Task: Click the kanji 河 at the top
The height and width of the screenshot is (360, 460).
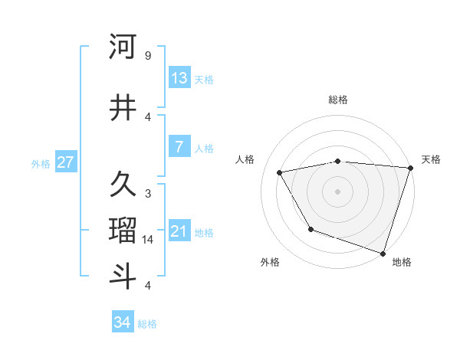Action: (123, 47)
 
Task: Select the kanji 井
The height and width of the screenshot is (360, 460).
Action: (123, 107)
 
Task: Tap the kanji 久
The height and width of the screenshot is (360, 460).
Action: (123, 184)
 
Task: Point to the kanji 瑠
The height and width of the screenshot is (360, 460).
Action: (123, 231)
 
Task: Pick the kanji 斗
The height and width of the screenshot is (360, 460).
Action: (123, 277)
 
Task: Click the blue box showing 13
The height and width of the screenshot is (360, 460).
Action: (179, 77)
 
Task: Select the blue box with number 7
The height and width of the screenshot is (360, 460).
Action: (179, 147)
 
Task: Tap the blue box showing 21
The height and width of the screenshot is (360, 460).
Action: (179, 231)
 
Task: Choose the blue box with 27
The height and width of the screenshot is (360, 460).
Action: (65, 162)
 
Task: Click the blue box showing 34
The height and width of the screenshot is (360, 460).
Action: (123, 322)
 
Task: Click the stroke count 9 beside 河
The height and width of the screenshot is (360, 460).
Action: (148, 55)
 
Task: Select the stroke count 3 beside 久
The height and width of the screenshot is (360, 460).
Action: (148, 193)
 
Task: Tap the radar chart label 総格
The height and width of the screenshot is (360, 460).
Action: (337, 100)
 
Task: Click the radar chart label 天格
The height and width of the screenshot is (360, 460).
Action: (431, 159)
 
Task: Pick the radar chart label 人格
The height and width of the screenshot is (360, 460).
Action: (245, 159)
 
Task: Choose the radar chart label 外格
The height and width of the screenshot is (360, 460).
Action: (270, 262)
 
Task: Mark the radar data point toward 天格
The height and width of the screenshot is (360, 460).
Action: (410, 168)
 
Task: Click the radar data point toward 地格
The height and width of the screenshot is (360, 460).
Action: (383, 252)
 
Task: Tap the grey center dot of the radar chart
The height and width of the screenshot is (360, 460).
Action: (337, 191)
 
